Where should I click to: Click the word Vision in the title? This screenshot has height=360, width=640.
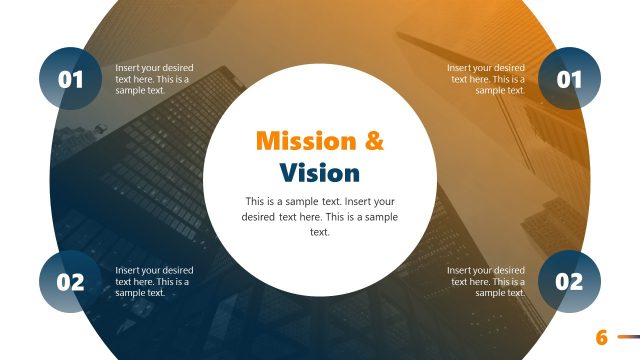click(x=319, y=173)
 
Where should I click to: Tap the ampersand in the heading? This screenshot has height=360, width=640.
click(x=372, y=140)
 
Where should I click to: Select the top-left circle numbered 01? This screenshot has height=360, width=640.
click(x=70, y=79)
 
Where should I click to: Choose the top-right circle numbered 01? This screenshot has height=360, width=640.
click(x=569, y=79)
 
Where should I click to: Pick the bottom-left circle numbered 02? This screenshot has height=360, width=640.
click(x=70, y=282)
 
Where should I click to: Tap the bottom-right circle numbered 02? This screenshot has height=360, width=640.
click(x=569, y=282)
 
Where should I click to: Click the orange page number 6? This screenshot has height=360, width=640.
click(x=602, y=337)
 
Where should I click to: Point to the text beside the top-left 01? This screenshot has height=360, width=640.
click(x=153, y=79)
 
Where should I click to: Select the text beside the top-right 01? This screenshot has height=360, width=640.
click(x=486, y=79)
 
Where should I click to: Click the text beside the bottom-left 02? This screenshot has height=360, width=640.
click(x=153, y=281)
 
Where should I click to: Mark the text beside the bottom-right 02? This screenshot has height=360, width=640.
click(x=486, y=281)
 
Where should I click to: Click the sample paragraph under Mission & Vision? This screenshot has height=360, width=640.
click(x=319, y=216)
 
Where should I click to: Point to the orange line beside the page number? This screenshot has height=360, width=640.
click(x=628, y=337)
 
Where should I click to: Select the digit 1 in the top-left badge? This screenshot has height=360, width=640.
click(x=78, y=79)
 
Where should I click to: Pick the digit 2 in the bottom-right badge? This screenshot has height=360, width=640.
click(x=577, y=282)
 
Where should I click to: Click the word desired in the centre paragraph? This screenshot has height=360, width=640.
click(x=258, y=216)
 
